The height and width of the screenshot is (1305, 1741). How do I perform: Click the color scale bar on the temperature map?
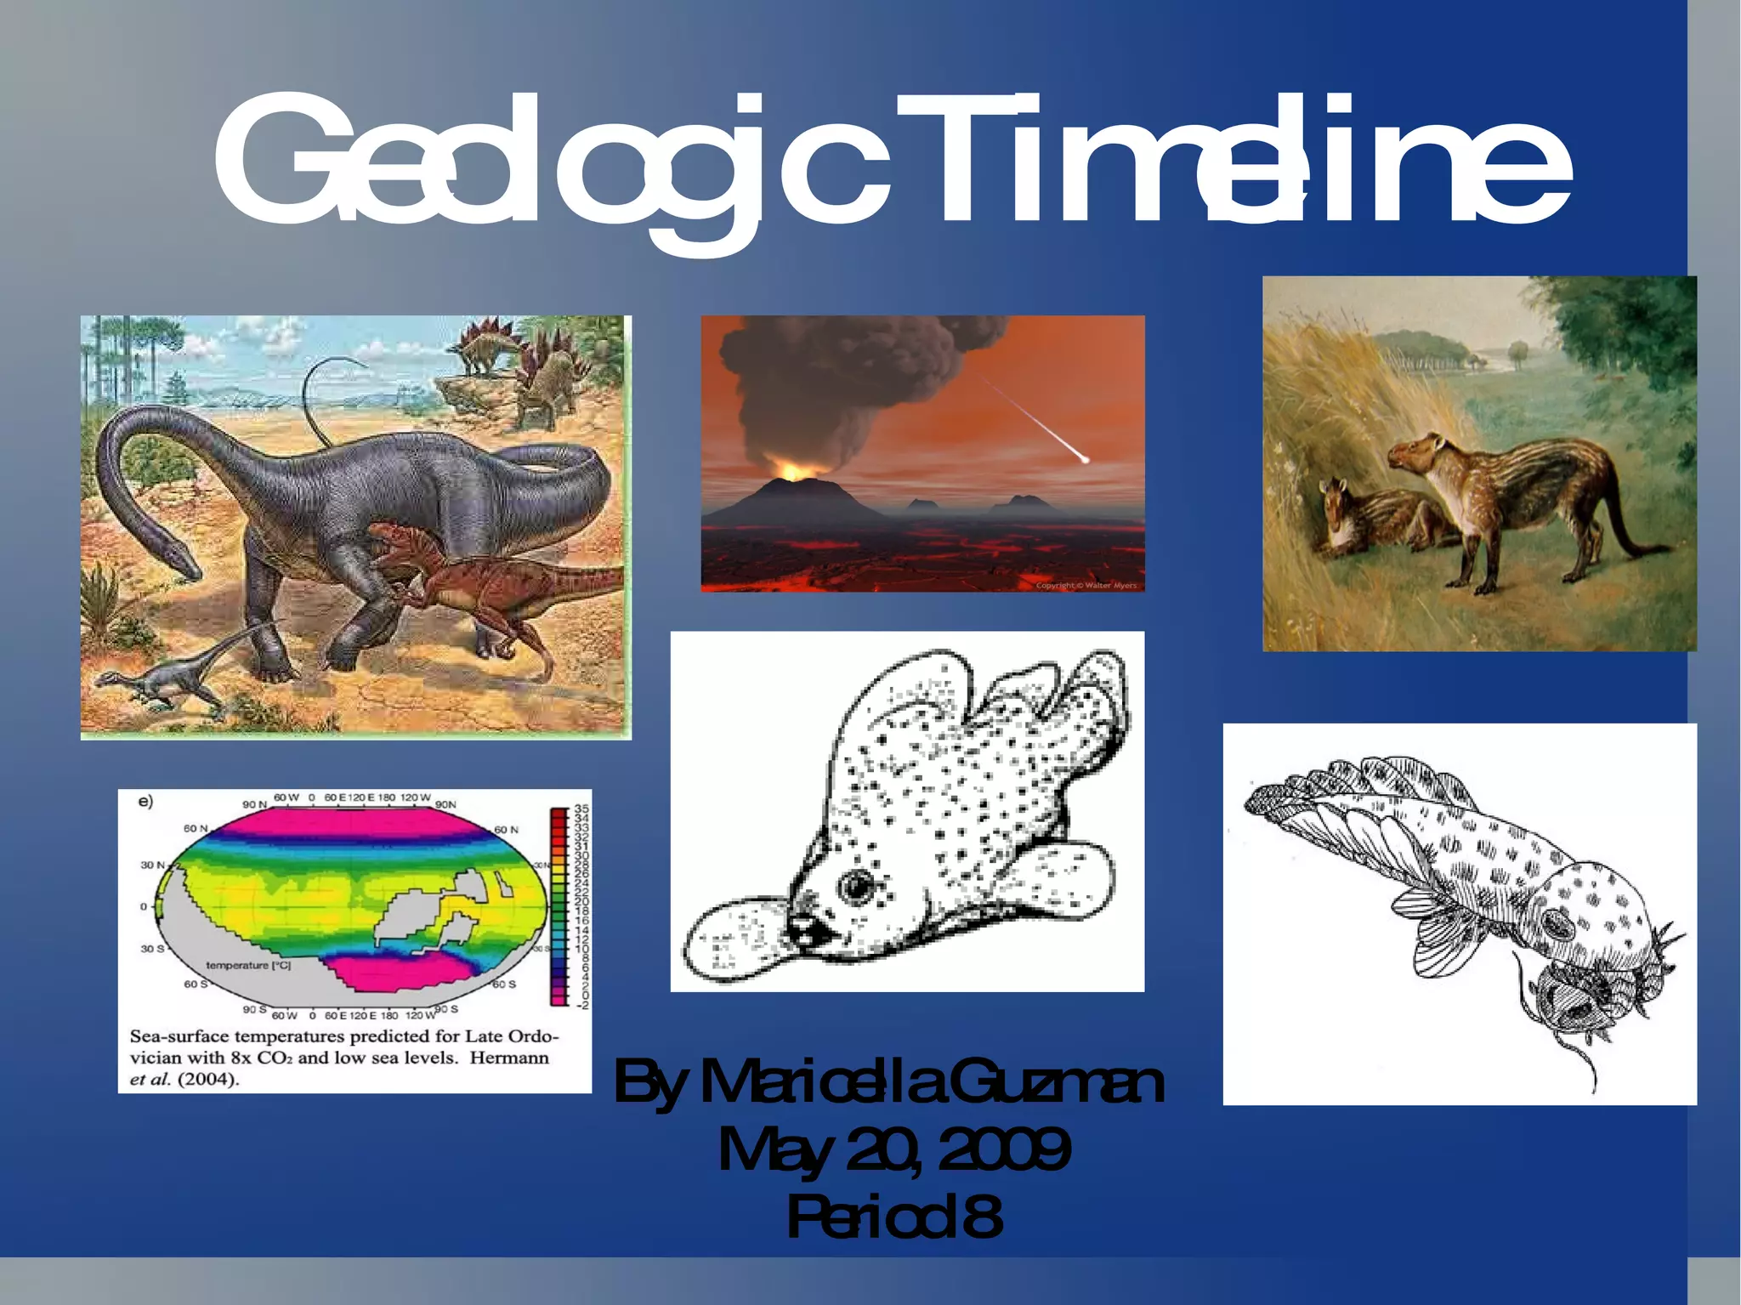[x=559, y=905]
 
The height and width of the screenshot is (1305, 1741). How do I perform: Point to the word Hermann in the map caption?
[x=509, y=1058]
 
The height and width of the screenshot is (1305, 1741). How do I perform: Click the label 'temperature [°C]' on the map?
[x=248, y=966]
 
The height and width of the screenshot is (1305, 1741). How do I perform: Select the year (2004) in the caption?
[x=208, y=1080]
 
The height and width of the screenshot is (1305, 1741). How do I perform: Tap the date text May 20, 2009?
[x=893, y=1149]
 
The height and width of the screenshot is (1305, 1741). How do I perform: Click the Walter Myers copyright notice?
[x=1086, y=585]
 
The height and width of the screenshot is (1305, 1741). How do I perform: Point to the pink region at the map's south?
[x=400, y=971]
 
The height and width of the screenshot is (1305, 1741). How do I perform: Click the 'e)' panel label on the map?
[x=145, y=801]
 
